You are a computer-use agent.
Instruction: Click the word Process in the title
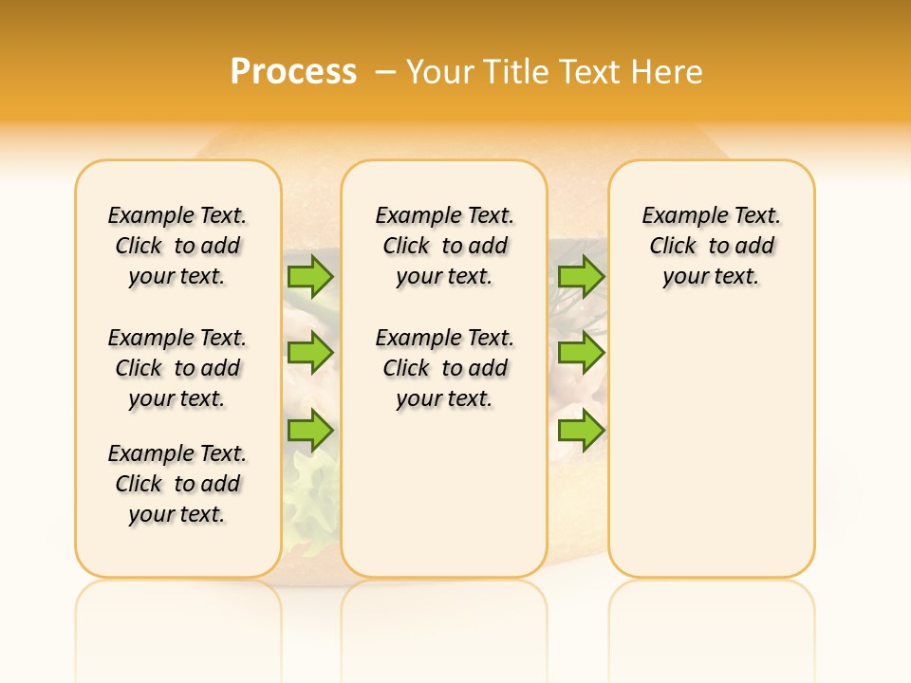click(293, 71)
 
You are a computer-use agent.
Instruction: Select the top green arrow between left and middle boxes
click(310, 276)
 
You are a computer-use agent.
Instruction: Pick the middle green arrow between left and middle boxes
click(310, 354)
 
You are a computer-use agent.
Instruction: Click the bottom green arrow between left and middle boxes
click(310, 431)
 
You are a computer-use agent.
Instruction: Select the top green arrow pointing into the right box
click(581, 276)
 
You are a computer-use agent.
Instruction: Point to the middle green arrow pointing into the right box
click(581, 354)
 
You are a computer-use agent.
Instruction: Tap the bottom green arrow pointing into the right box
click(581, 431)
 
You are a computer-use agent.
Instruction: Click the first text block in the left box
click(177, 246)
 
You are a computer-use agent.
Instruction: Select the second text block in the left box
click(177, 368)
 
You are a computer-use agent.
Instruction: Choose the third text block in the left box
click(177, 484)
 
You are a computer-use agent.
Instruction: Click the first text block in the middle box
click(444, 246)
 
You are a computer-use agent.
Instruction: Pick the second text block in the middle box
click(444, 368)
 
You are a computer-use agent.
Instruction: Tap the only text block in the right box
click(711, 246)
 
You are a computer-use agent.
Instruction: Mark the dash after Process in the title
click(383, 71)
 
